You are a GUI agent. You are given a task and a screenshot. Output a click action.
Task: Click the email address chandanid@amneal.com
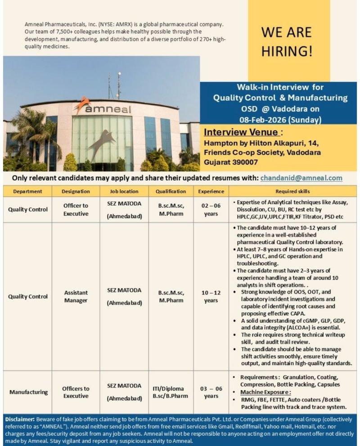click(301, 178)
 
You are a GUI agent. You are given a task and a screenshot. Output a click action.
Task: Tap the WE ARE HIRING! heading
click(287, 41)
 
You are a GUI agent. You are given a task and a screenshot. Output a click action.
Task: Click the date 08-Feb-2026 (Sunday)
click(280, 119)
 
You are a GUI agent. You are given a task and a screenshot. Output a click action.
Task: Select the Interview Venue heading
click(243, 133)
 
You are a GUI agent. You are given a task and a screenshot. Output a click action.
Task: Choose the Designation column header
click(76, 191)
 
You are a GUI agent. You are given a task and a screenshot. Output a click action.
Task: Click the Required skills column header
click(293, 191)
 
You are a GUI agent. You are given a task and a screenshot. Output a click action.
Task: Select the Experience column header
click(211, 191)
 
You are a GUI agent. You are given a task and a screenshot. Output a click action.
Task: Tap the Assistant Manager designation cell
click(76, 296)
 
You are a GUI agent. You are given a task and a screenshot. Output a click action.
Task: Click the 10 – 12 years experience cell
click(211, 296)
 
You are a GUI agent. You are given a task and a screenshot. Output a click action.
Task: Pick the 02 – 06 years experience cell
click(211, 210)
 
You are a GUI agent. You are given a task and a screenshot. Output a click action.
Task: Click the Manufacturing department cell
click(28, 392)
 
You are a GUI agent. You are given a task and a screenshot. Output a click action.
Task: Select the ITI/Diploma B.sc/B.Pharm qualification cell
click(171, 392)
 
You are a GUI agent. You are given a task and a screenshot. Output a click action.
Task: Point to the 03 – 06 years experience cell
click(211, 392)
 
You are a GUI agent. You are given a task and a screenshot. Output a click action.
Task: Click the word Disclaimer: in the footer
click(20, 419)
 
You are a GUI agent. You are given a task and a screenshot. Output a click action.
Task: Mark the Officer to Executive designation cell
click(76, 210)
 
